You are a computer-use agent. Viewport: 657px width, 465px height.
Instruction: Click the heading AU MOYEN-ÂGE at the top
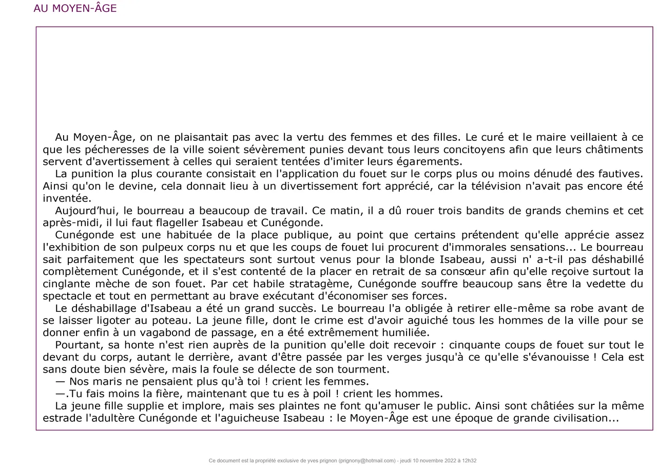[x=75, y=9]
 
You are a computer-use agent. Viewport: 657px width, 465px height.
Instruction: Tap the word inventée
[x=67, y=198]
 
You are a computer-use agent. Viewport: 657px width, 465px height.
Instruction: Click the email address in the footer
[x=368, y=460]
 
